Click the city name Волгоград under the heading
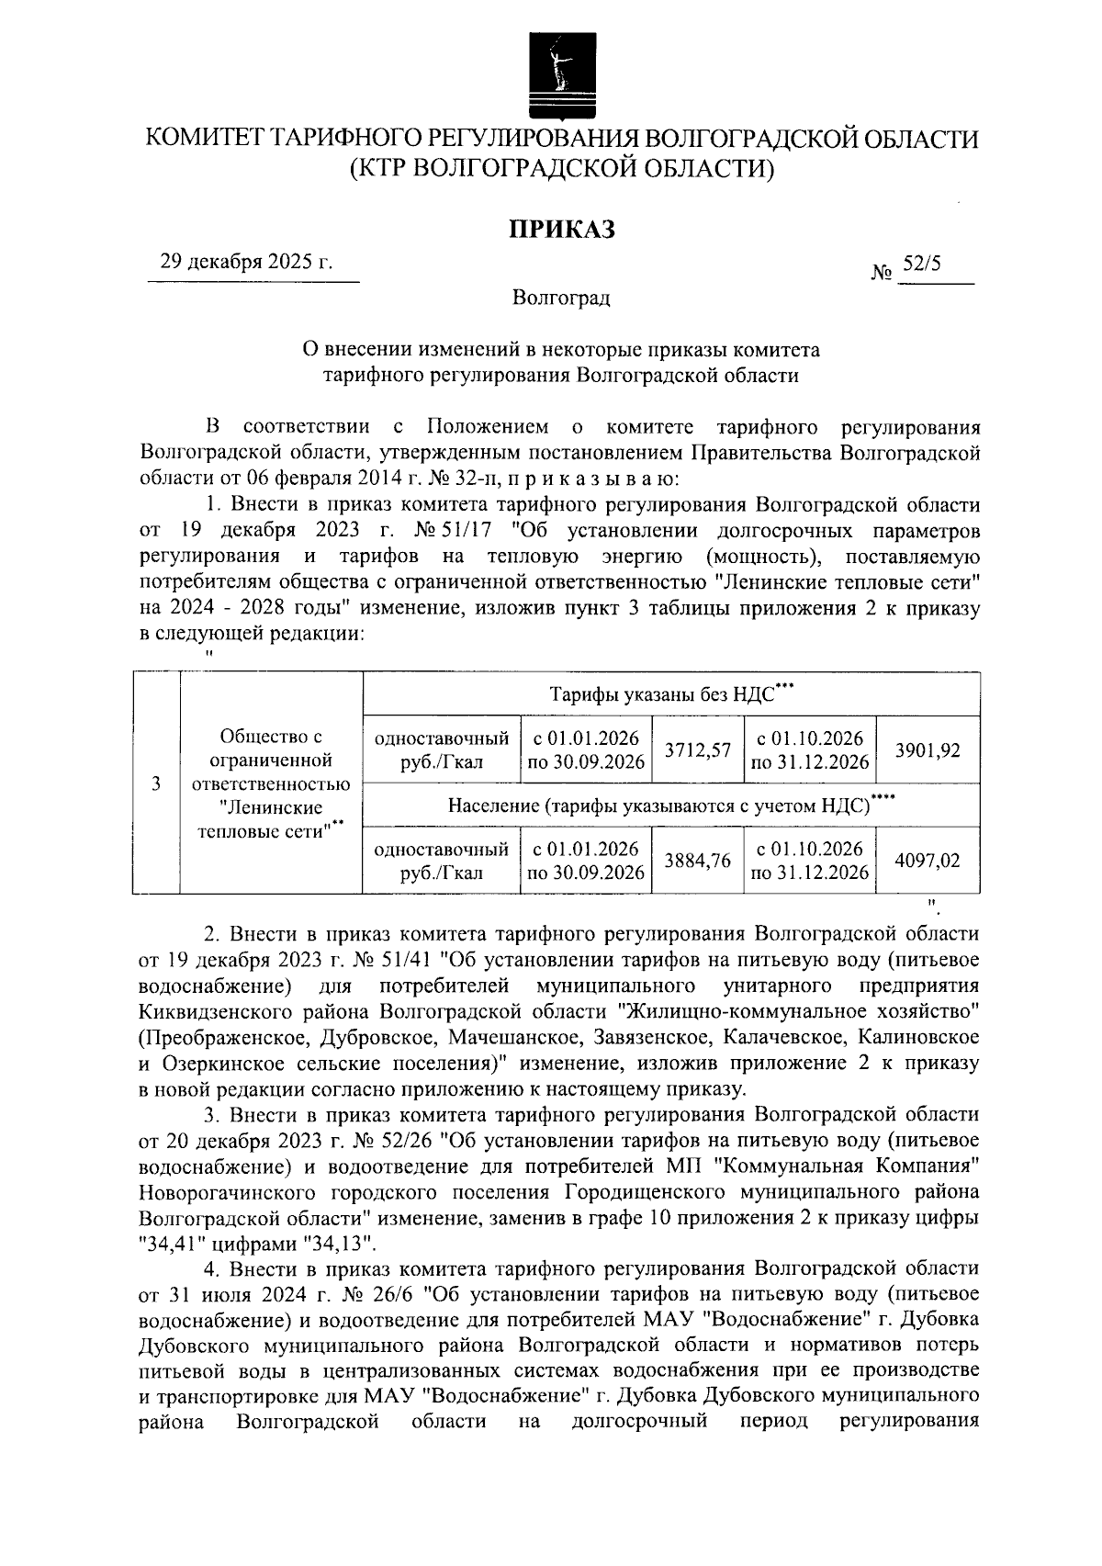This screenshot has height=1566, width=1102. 561,298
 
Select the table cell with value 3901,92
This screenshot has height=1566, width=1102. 928,750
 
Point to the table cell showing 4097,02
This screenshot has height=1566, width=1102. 928,861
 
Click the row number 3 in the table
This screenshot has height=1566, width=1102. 157,783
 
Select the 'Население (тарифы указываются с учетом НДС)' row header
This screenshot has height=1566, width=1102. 670,806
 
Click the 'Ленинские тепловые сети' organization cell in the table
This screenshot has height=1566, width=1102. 271,783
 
